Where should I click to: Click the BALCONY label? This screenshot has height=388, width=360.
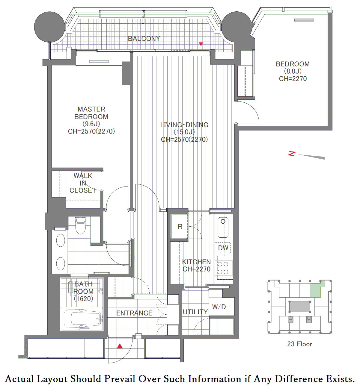click(144, 39)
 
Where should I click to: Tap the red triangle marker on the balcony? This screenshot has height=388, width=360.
click(201, 44)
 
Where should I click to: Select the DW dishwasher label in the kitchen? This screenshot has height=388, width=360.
click(223, 248)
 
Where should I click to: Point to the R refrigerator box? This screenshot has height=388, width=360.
click(179, 226)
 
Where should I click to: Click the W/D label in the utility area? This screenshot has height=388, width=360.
click(219, 307)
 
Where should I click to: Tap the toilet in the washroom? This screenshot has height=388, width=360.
click(81, 225)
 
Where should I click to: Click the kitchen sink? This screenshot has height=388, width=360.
click(223, 228)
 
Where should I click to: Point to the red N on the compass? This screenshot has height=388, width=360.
click(292, 154)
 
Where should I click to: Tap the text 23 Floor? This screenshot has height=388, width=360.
click(299, 344)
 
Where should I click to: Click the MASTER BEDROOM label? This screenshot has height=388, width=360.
click(91, 113)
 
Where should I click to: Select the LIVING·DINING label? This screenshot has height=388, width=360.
click(184, 125)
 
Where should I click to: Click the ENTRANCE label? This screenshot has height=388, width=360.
click(134, 313)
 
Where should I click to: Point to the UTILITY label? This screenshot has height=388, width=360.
click(195, 312)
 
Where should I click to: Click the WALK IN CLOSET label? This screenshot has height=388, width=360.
click(83, 183)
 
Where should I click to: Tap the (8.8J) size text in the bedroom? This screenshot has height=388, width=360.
click(293, 71)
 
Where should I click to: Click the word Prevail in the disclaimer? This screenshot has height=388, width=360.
click(120, 379)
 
